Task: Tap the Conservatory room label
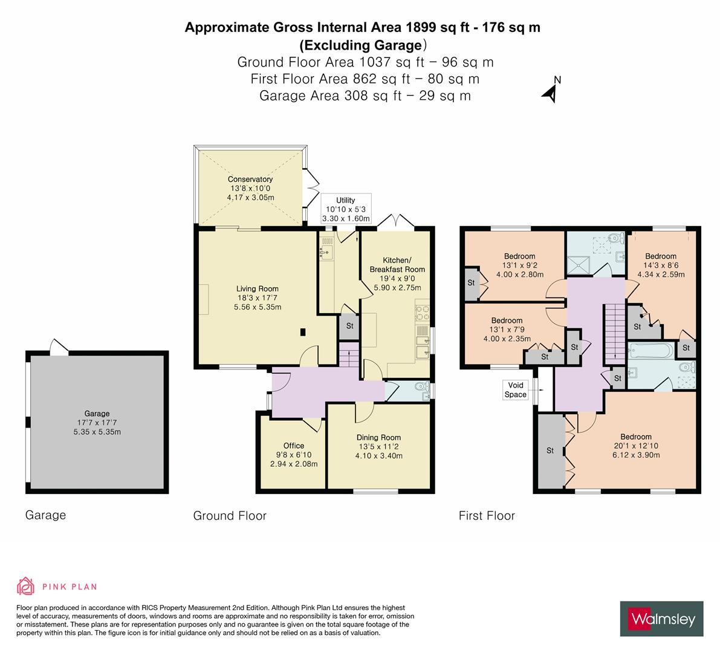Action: pos(250,179)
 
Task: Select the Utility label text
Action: pos(346,200)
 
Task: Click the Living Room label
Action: pos(258,288)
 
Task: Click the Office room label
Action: pos(294,446)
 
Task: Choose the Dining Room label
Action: pos(379,437)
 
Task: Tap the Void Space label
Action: pos(516,389)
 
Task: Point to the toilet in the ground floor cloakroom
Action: pos(421,388)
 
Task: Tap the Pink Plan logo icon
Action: pos(26,586)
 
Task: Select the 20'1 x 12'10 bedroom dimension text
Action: pos(635,446)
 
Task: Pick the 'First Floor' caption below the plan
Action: pos(487,516)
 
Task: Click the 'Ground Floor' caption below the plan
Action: pos(230,516)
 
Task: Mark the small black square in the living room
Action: pos(303,331)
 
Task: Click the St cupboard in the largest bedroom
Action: pos(550,450)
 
